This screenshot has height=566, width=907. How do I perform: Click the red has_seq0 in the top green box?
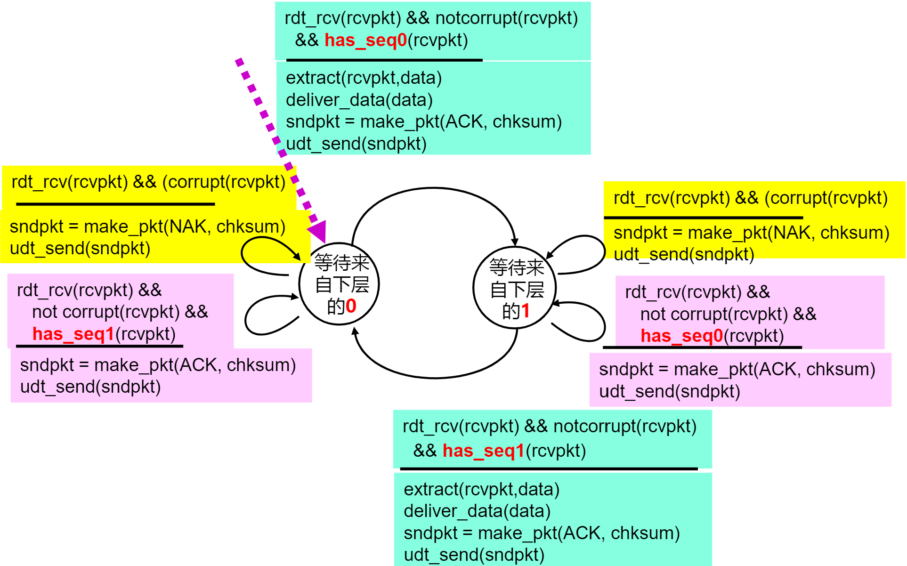pyautogui.click(x=365, y=40)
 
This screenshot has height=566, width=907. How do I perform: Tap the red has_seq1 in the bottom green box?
pyautogui.click(x=483, y=451)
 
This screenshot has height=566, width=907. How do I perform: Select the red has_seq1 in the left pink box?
pyautogui.click(x=73, y=334)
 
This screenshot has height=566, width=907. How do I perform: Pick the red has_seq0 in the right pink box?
pyautogui.click(x=681, y=336)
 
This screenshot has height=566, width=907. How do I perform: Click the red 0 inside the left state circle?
pyautogui.click(x=351, y=307)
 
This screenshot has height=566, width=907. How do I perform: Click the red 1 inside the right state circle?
pyautogui.click(x=526, y=311)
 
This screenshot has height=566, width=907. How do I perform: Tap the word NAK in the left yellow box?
pyautogui.click(x=187, y=227)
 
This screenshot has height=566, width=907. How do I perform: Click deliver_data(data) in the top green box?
pyautogui.click(x=359, y=100)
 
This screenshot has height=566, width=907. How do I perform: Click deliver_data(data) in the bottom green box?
pyautogui.click(x=477, y=511)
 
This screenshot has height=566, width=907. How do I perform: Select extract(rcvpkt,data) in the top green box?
pyautogui.click(x=364, y=78)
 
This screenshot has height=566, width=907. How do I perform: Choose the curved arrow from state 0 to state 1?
pyautogui.click(x=433, y=188)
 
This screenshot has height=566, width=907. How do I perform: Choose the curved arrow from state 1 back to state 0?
pyautogui.click(x=436, y=377)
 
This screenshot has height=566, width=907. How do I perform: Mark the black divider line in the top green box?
pyautogui.click(x=384, y=60)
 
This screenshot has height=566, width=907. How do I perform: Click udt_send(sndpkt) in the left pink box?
pyautogui.click(x=90, y=387)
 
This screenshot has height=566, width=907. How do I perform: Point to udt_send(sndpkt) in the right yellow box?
pyautogui.click(x=684, y=255)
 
